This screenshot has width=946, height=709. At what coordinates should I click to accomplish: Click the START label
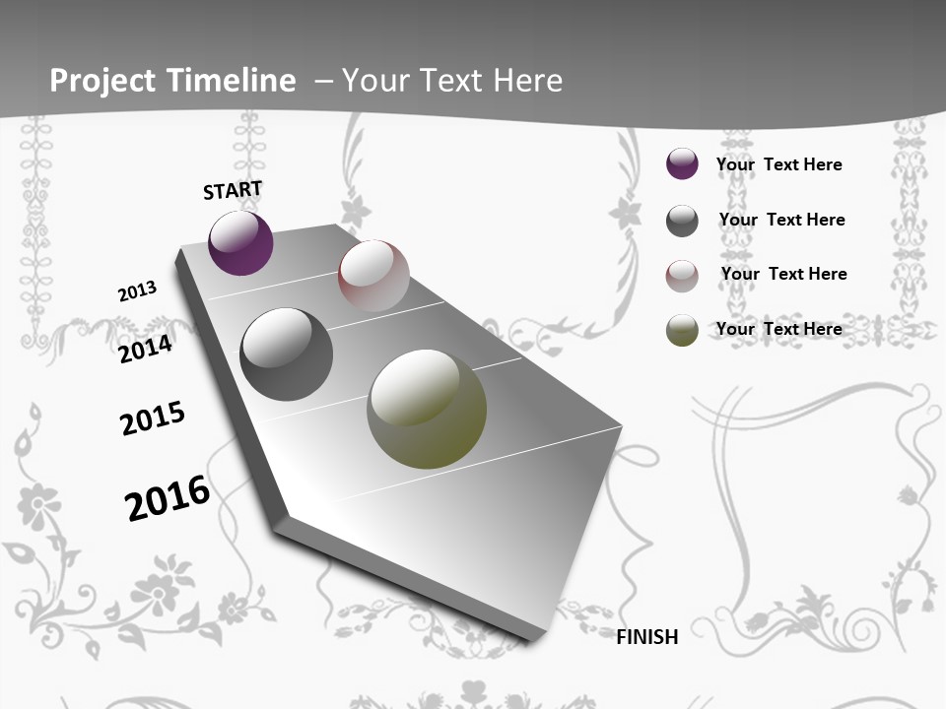233,190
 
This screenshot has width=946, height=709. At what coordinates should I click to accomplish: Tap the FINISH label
647,637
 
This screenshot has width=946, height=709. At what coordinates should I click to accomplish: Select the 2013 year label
137,291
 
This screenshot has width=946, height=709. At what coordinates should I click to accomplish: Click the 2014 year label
145,349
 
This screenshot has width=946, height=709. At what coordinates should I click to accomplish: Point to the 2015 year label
153,419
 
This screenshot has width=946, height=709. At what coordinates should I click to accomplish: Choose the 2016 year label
168,498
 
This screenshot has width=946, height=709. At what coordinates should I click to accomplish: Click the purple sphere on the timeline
240,243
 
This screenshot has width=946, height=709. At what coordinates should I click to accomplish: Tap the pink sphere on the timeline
373,276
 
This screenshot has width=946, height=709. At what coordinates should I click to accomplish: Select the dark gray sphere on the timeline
287,354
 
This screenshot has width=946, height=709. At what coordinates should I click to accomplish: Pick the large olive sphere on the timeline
427,409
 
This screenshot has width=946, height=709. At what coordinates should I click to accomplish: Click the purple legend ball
682,164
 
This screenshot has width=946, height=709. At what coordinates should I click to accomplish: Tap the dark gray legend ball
682,221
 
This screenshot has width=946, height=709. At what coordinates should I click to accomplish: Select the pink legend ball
682,276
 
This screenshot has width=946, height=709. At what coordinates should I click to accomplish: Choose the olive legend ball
682,330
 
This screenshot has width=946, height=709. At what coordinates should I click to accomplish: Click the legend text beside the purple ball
778,164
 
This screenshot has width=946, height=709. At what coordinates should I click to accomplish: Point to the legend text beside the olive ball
778,329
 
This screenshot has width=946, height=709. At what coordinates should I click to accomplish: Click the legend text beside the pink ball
783,274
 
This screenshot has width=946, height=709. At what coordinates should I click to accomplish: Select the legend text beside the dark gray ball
781,220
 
